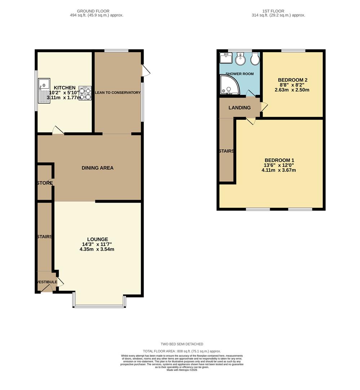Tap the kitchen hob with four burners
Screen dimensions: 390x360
[x=85, y=93]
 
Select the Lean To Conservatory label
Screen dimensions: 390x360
[x=118, y=93]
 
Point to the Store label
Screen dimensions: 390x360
[x=44, y=183]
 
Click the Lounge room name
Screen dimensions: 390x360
[x=97, y=239]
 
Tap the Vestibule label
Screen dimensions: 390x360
[x=46, y=282]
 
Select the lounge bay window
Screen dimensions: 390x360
[x=99, y=306]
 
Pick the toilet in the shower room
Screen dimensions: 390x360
[x=255, y=59]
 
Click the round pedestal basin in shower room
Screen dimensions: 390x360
[x=240, y=58]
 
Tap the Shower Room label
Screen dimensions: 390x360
[x=240, y=74]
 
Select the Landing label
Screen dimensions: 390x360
[x=240, y=108]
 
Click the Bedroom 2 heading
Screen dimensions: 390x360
[x=293, y=80]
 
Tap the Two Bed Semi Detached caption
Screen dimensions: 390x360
[x=182, y=344]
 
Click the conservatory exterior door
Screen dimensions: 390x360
[x=146, y=70]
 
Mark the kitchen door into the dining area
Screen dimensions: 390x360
[x=58, y=130]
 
